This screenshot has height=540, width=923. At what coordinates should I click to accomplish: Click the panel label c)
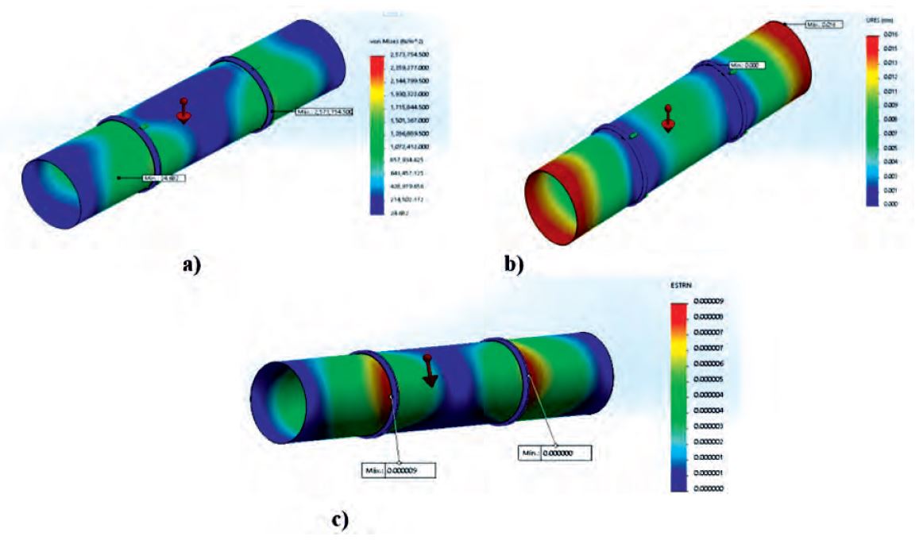click(339, 520)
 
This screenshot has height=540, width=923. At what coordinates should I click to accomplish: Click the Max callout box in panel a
click(323, 113)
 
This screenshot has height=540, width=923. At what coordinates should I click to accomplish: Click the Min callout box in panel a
click(164, 179)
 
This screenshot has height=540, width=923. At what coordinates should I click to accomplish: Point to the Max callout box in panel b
click(823, 25)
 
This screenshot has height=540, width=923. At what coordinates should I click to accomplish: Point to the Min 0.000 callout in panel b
click(747, 66)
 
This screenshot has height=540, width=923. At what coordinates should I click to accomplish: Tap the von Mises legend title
click(389, 41)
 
